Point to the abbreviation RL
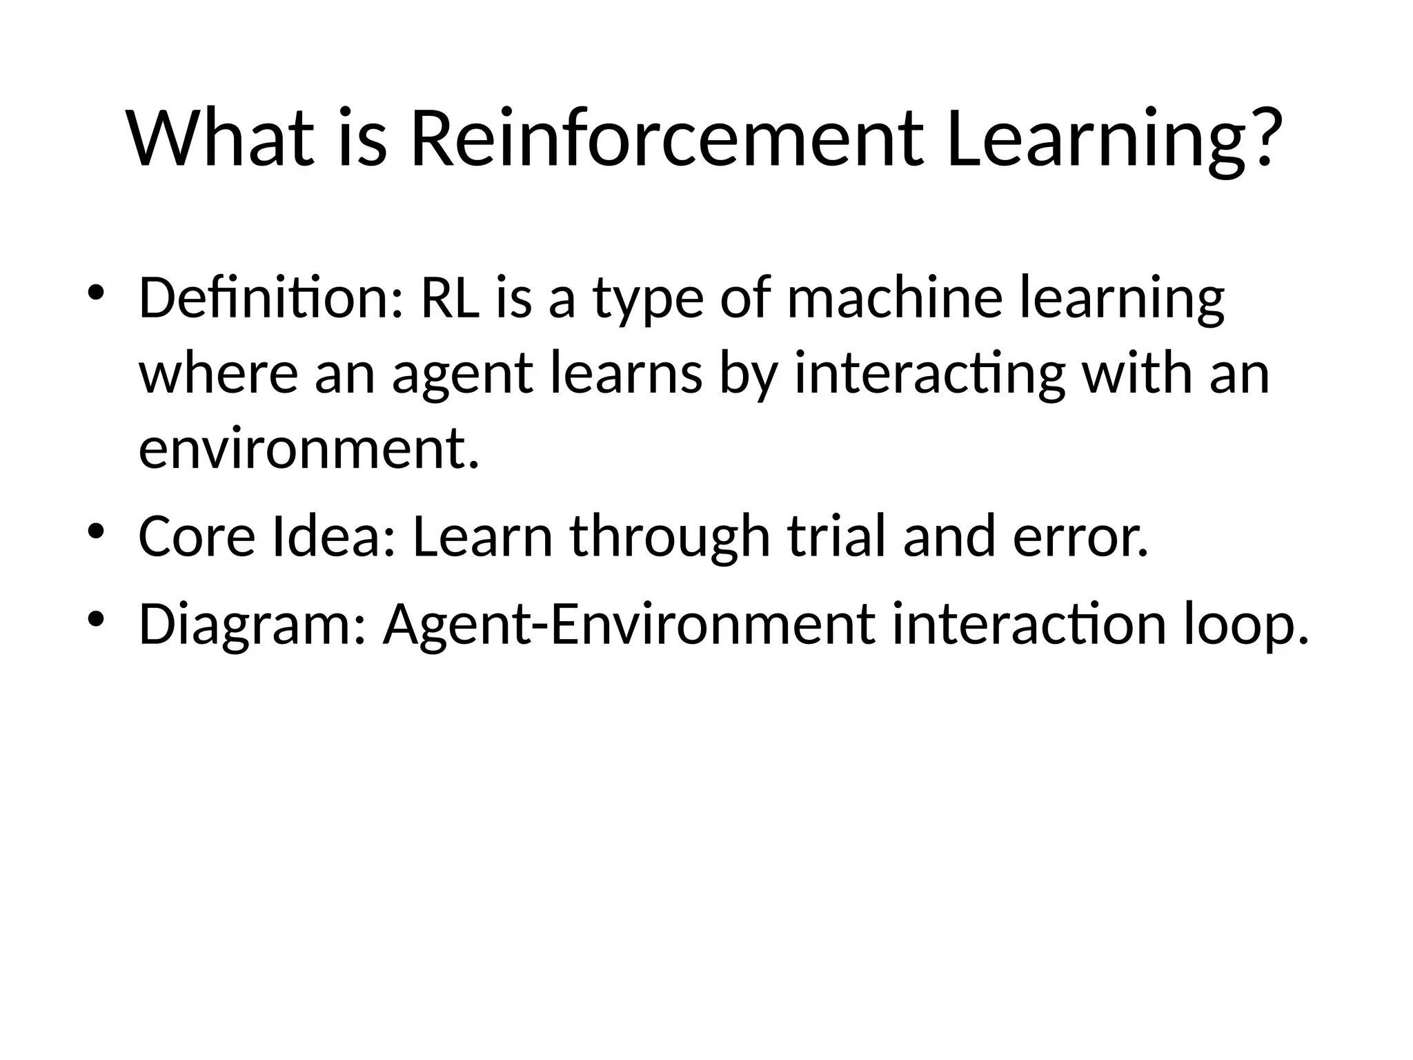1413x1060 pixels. click(x=449, y=298)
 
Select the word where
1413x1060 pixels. click(x=219, y=374)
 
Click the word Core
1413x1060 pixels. click(x=197, y=536)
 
